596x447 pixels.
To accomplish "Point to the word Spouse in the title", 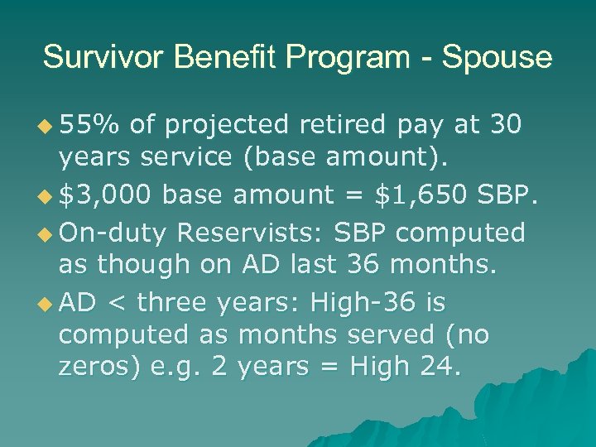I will coord(497,58).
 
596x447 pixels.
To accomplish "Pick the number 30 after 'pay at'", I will coord(505,125).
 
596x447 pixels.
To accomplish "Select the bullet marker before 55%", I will coord(45,126).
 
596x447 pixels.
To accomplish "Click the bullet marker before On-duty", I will coord(45,233).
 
